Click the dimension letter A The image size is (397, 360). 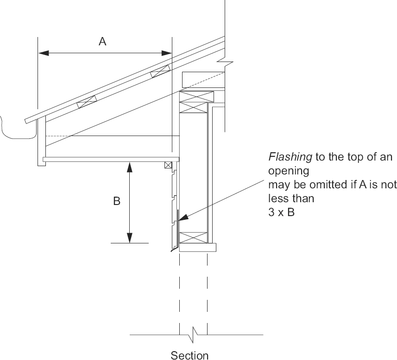[102, 41]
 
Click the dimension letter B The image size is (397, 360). [117, 201]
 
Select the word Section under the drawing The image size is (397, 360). [189, 355]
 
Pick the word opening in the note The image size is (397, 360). [289, 171]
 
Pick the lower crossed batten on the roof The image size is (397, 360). [87, 102]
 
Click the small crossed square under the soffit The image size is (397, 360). [168, 165]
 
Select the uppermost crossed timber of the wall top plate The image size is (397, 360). [197, 97]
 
